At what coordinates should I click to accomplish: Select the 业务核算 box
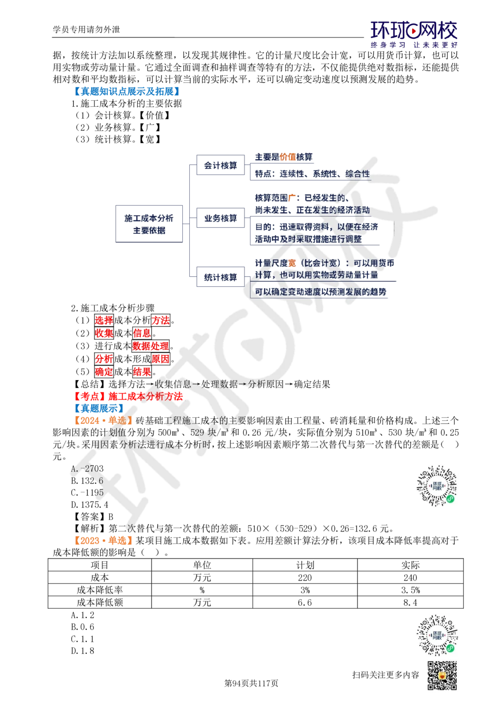[220, 218]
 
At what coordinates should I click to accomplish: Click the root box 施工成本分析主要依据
[149, 224]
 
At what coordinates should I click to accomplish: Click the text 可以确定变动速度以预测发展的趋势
[321, 291]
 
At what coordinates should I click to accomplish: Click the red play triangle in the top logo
[414, 33]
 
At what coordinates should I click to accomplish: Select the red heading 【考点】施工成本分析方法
[130, 396]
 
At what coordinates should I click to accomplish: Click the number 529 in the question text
[197, 432]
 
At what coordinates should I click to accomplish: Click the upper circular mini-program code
[437, 485]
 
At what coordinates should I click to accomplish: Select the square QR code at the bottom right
[442, 676]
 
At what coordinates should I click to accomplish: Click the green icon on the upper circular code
[451, 499]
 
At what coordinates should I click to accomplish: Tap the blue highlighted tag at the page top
[127, 91]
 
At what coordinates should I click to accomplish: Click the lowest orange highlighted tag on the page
[103, 540]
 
